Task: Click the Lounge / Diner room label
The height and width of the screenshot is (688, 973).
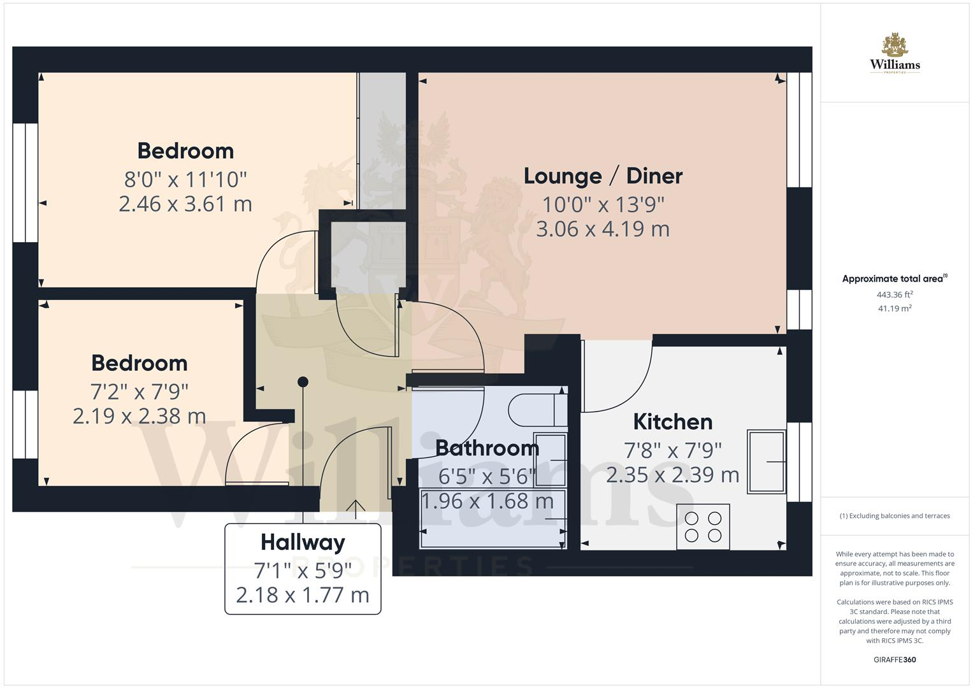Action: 603,176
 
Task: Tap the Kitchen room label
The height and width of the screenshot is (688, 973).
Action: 672,422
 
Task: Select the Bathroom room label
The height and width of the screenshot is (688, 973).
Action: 487,448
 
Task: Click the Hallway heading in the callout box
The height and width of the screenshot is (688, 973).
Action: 303,542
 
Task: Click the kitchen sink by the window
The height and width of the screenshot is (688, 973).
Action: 767,461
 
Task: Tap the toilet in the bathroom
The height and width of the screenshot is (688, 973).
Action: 538,410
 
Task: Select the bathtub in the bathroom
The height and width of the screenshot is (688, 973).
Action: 493,519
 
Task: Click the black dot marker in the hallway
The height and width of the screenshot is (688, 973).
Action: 303,382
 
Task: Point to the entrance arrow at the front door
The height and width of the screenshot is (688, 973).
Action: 356,506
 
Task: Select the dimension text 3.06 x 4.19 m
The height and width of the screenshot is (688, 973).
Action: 603,229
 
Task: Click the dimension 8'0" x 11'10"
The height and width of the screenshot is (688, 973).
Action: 185,179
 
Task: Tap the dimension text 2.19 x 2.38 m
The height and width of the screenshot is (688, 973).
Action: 139,416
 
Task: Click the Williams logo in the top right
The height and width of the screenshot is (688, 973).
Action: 895,54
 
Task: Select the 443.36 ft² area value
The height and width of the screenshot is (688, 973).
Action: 895,294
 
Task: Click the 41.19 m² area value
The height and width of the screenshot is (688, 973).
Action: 895,308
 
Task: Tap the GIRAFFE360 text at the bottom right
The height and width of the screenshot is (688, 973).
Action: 895,659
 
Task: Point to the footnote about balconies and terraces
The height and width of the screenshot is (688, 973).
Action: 895,516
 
